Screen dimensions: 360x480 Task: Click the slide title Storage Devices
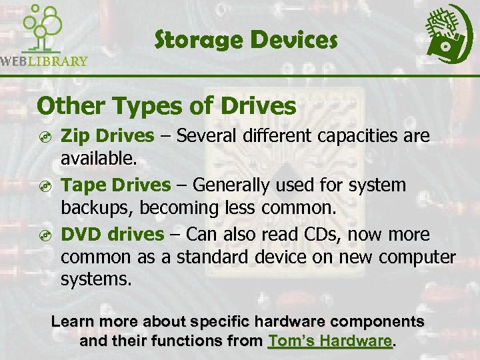pyautogui.click(x=246, y=41)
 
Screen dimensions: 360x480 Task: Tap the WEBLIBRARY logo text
pyautogui.click(x=44, y=61)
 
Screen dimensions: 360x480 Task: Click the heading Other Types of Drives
pyautogui.click(x=167, y=105)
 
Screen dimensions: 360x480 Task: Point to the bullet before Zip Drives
pyautogui.click(x=44, y=137)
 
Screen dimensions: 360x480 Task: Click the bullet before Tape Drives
pyautogui.click(x=44, y=186)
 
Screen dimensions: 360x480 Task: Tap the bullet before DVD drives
pyautogui.click(x=44, y=235)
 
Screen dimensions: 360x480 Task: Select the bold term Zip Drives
pyautogui.click(x=107, y=136)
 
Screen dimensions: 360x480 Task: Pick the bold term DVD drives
pyautogui.click(x=112, y=234)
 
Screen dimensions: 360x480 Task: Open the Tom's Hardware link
pyautogui.click(x=329, y=341)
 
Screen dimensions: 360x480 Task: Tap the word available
pyautogui.click(x=97, y=159)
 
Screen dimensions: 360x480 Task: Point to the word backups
pyautogui.click(x=95, y=207)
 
